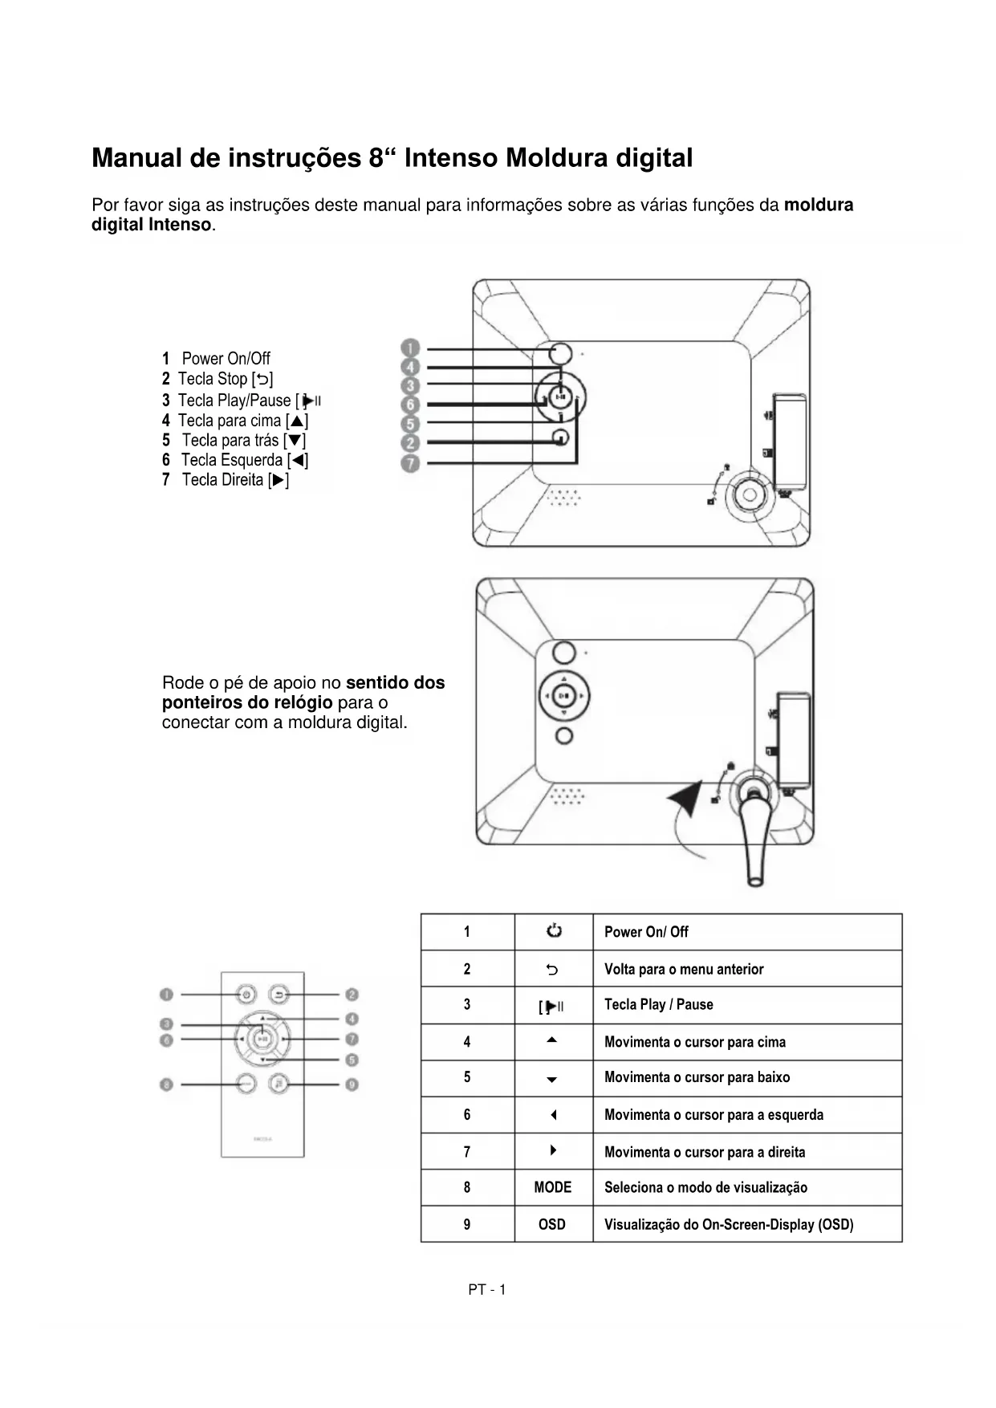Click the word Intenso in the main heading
tap(451, 158)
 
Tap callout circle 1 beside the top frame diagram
tap(410, 348)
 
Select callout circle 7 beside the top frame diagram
tap(410, 463)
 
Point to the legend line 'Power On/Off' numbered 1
tap(217, 358)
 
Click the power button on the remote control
tap(246, 995)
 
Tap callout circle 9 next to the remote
tap(352, 1084)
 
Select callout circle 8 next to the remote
tap(166, 1084)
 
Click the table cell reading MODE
tap(553, 1187)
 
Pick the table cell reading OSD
tap(552, 1224)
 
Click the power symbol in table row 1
tap(554, 931)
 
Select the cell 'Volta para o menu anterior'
tap(684, 969)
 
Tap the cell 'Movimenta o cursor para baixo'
tap(697, 1077)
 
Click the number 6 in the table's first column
tap(467, 1114)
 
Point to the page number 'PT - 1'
tap(487, 1290)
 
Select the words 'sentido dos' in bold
tap(395, 683)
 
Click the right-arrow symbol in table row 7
tap(553, 1150)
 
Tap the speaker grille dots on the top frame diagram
tap(564, 498)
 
